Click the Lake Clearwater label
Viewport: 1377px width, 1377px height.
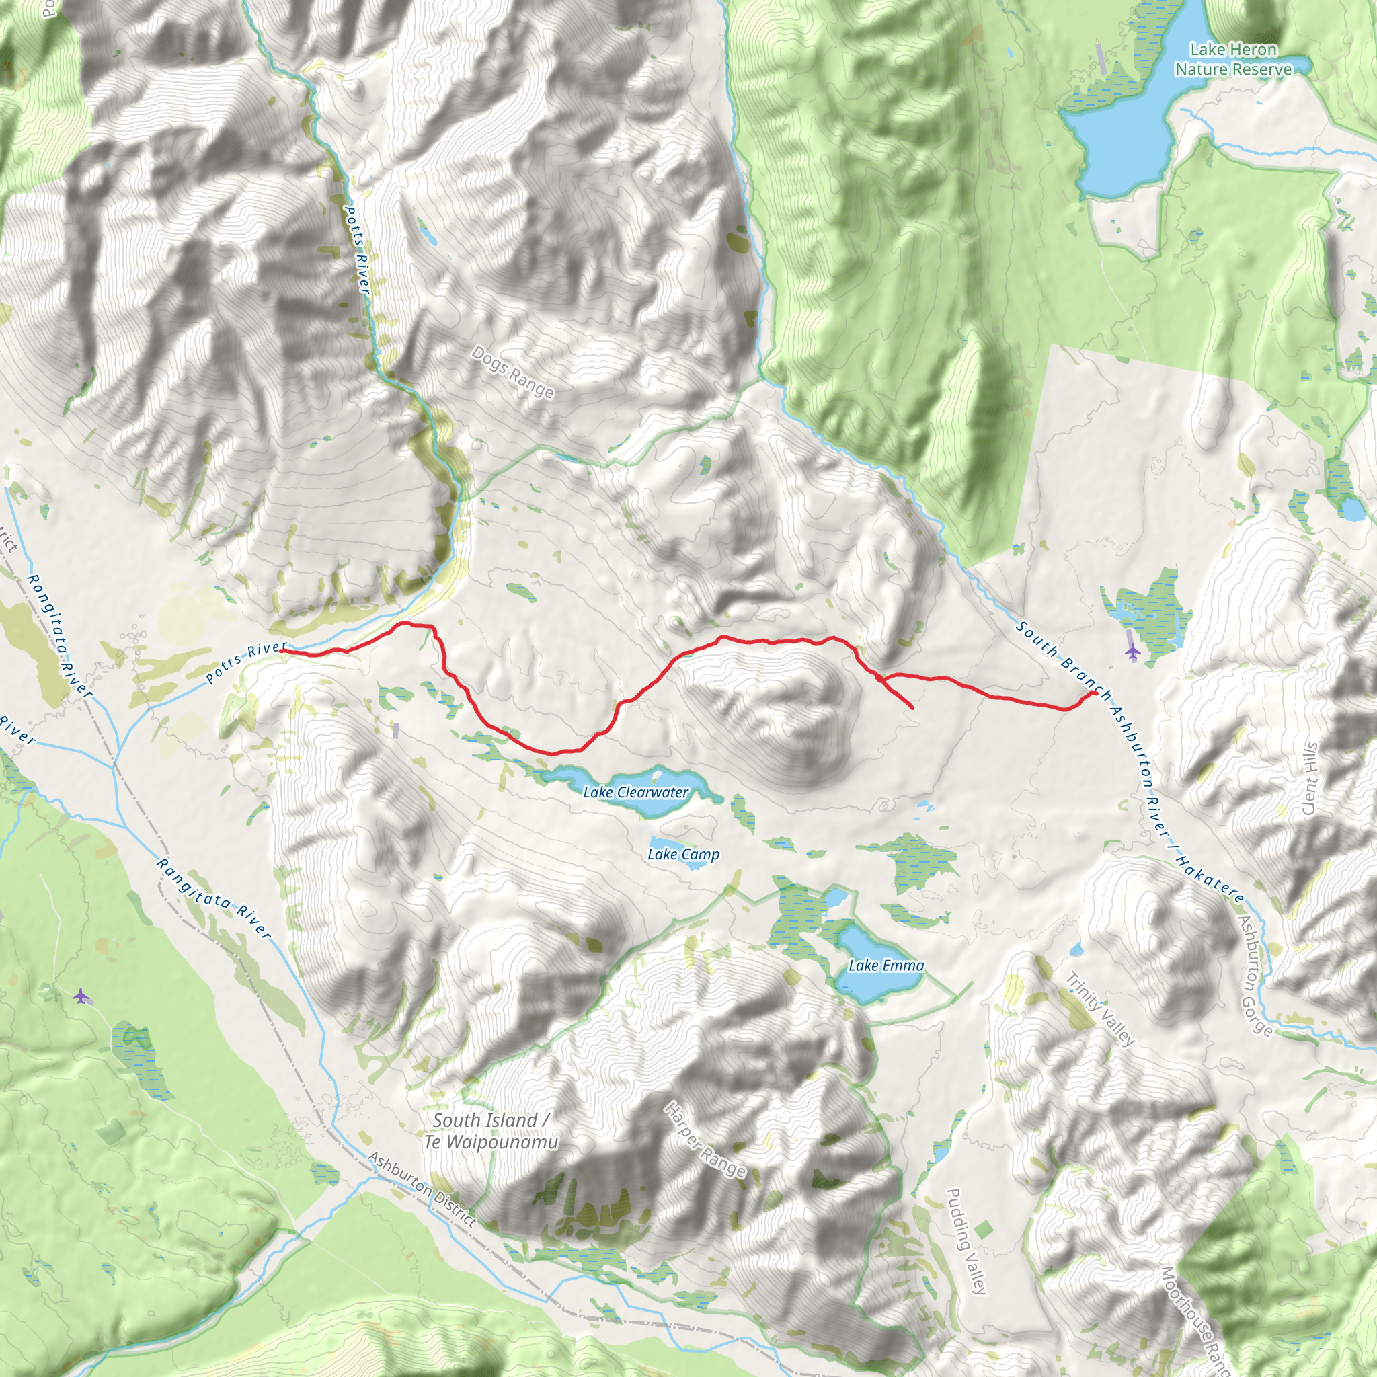pos(635,792)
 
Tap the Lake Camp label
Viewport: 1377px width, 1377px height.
pos(683,854)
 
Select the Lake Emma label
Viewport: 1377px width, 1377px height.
pos(886,965)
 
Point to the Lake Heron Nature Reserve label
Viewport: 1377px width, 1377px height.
pos(1233,59)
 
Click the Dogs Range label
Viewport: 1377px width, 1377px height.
pos(512,372)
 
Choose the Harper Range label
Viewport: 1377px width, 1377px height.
pos(705,1138)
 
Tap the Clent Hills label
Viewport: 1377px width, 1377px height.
pos(1309,779)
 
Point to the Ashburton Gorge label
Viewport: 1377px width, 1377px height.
pos(1255,976)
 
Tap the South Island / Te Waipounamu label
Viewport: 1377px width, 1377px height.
pos(491,1131)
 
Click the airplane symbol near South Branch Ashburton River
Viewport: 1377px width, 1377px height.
pos(1132,651)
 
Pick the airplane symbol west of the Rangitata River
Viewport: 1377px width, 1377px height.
pos(82,996)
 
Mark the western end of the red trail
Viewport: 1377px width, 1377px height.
pos(282,650)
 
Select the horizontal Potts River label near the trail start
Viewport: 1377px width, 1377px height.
pos(246,662)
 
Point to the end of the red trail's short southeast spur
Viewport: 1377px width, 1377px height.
pos(913,709)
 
